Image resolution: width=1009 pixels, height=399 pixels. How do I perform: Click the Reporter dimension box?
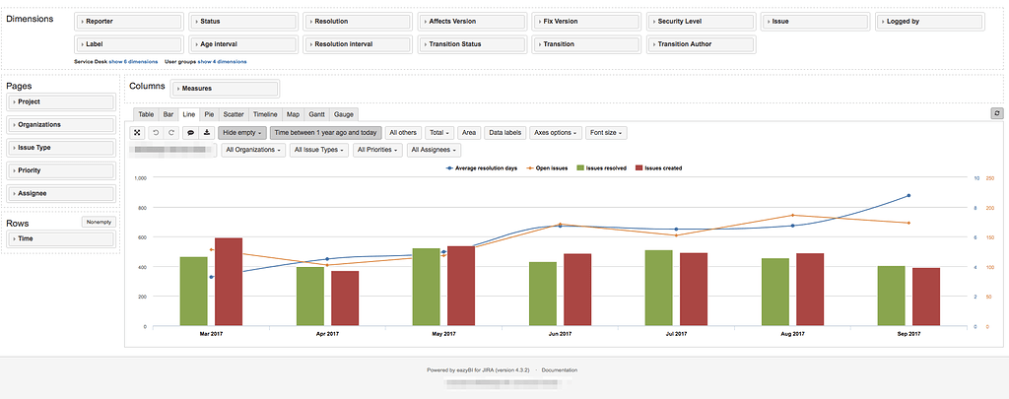point(128,21)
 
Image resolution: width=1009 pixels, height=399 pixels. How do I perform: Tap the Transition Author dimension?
point(701,44)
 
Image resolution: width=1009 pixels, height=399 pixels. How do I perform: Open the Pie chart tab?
point(209,114)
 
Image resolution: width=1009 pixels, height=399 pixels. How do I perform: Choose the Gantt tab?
point(316,114)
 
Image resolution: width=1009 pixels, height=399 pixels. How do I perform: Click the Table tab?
point(146,114)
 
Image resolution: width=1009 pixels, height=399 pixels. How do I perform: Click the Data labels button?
point(505,132)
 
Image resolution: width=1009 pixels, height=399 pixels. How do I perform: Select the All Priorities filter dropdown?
point(377,150)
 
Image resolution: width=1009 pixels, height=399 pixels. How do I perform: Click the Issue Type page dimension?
point(61,147)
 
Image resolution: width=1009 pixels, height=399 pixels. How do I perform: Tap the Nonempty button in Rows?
point(99,222)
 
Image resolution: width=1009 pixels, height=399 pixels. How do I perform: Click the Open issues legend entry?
point(548,168)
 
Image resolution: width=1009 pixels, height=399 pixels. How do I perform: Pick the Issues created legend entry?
point(659,168)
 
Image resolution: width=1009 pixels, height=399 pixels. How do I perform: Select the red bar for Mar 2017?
point(229,282)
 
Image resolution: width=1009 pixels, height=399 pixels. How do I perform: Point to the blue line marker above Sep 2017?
point(908,196)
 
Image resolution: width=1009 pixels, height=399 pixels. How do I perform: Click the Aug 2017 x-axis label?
point(792,335)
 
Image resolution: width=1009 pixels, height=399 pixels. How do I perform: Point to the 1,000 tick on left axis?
point(139,178)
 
